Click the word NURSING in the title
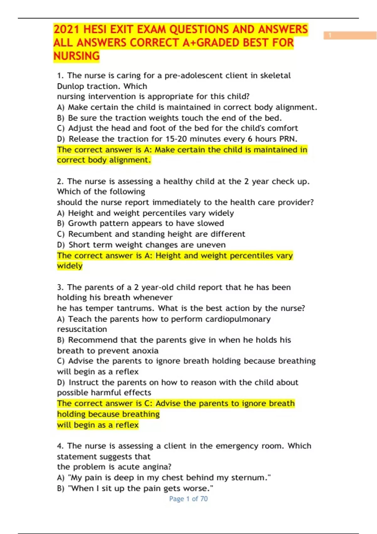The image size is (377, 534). [76, 56]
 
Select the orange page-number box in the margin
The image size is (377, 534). [350, 35]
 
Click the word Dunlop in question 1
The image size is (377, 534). [71, 86]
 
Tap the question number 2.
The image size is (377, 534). [60, 182]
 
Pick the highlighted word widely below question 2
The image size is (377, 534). [70, 266]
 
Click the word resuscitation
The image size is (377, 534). [82, 329]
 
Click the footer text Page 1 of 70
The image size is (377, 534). [188, 499]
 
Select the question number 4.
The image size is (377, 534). [60, 446]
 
